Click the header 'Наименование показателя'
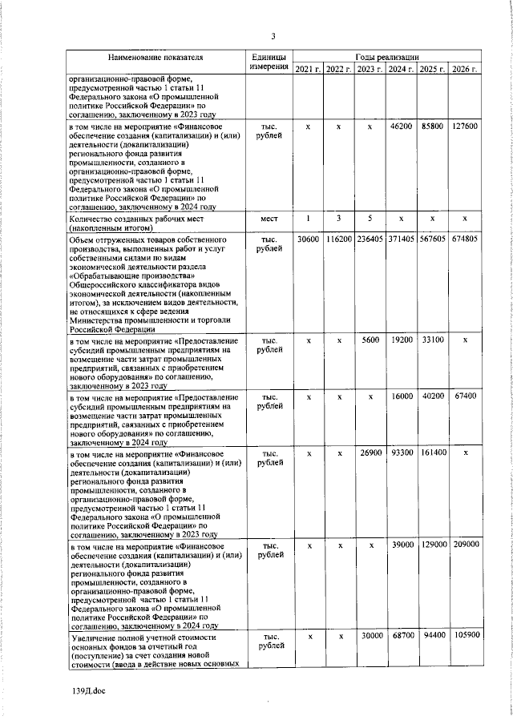click(x=157, y=58)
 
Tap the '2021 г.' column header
click(x=308, y=70)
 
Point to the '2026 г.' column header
click(x=465, y=70)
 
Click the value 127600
click(x=465, y=127)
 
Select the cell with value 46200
click(x=401, y=127)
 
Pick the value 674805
click(x=465, y=239)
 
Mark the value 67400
click(x=465, y=396)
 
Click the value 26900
click(x=370, y=453)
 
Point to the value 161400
click(x=433, y=453)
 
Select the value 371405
click(x=401, y=239)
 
